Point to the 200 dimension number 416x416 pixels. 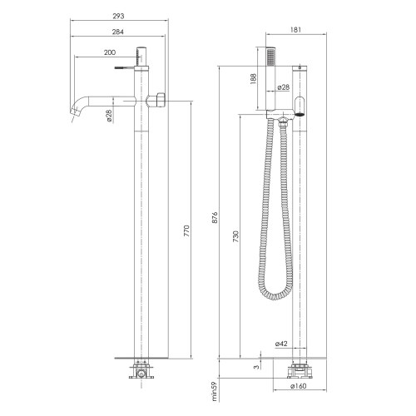(110, 53)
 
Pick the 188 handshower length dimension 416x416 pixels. (254, 79)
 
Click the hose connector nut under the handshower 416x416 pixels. (284, 122)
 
